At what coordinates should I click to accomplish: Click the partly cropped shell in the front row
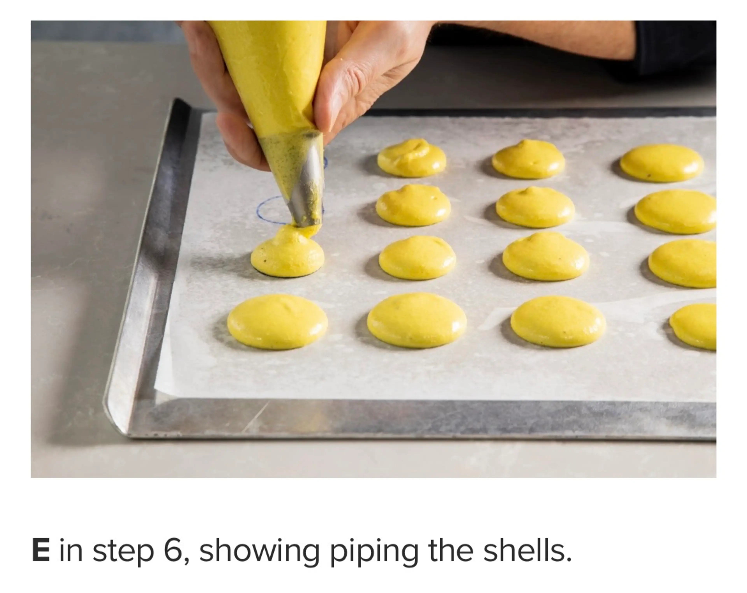695,326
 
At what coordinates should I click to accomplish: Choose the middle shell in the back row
528,159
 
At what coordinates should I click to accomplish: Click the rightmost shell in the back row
662,163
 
